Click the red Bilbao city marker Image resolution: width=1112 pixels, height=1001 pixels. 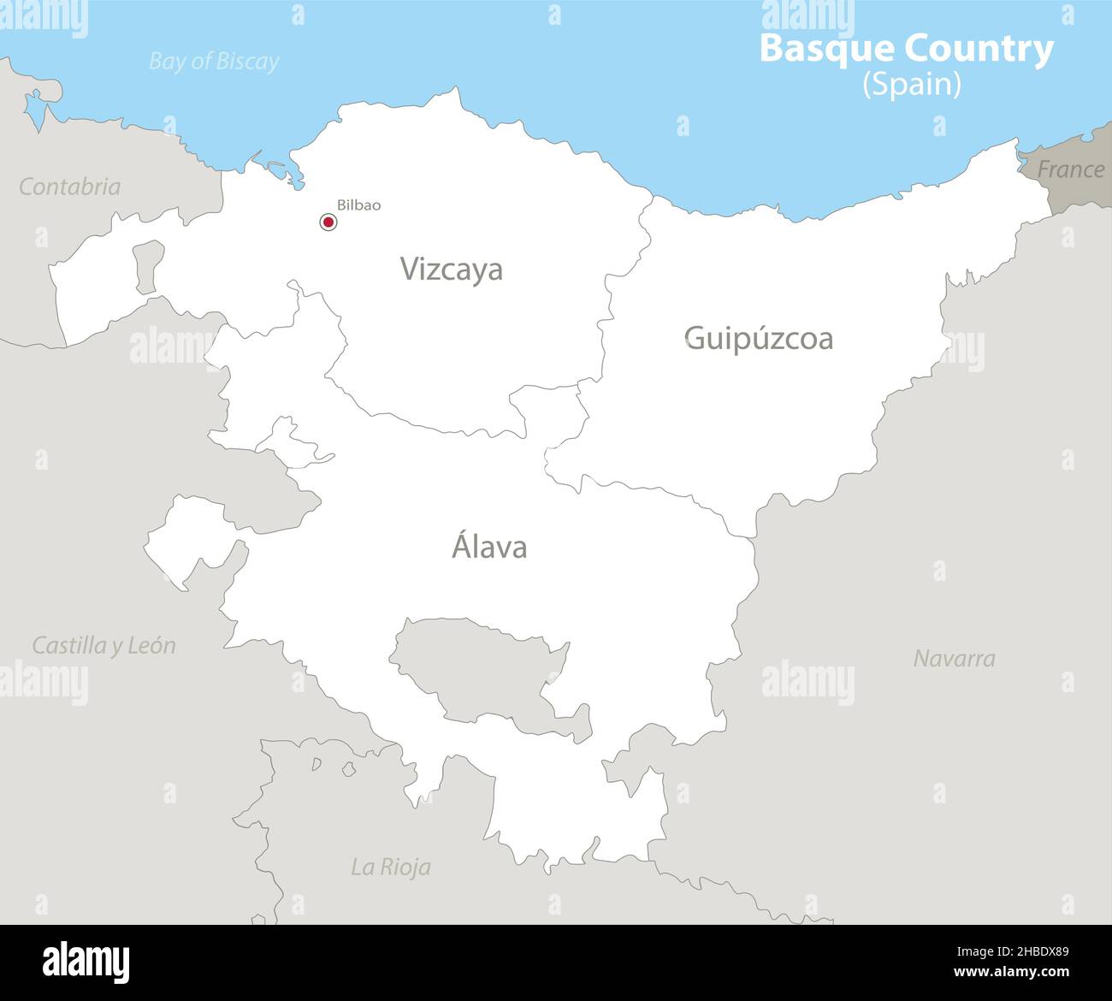pos(328,222)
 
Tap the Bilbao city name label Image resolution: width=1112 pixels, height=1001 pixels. pos(358,205)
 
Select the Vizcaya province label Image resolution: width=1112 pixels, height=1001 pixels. pos(452,269)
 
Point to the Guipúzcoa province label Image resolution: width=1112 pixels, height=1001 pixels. pos(758,339)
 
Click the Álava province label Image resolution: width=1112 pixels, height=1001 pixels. pos(488,548)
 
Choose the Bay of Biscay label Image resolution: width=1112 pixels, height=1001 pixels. pos(214,62)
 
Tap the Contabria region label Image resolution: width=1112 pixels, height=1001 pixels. pos(70,187)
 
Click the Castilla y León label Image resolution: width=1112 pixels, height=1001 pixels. pos(104,645)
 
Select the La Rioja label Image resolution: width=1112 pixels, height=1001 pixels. pos(391,867)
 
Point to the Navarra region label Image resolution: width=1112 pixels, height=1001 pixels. pos(954,659)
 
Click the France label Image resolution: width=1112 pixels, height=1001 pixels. pos(1070,169)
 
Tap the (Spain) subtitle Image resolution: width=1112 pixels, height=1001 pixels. pos(911,84)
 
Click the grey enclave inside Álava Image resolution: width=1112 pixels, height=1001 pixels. pos(479,667)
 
